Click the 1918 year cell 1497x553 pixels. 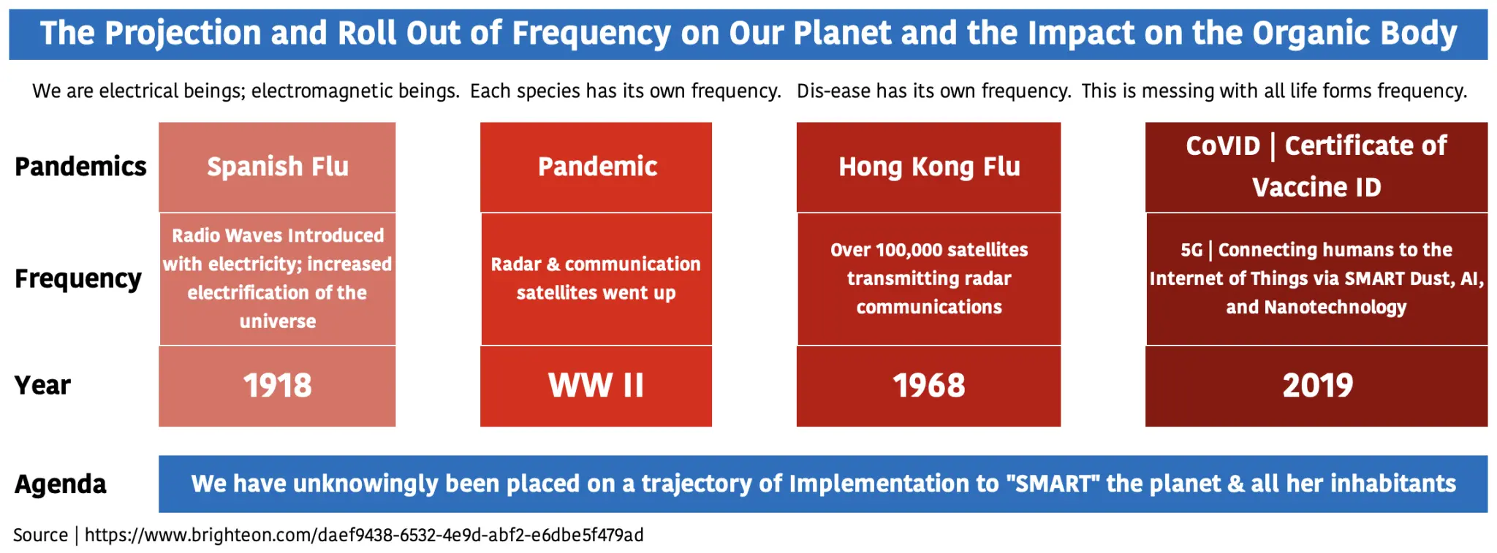[x=277, y=386]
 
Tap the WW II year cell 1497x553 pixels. [x=596, y=386]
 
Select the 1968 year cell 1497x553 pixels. [x=928, y=386]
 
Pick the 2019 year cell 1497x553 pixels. [x=1316, y=386]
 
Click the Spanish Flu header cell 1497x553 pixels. [x=277, y=167]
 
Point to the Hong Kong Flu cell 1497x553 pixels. [x=928, y=167]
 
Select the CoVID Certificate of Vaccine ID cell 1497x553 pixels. [x=1316, y=167]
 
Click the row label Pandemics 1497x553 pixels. [x=80, y=167]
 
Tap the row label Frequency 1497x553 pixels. [x=78, y=279]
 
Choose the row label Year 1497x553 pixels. [x=42, y=385]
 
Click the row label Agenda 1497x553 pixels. [x=61, y=484]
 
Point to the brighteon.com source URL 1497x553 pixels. [x=364, y=535]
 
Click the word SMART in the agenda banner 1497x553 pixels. [x=1053, y=483]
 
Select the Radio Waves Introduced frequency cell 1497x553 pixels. [x=277, y=278]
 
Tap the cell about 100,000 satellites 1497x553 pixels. [x=928, y=278]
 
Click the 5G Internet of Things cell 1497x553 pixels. [x=1316, y=278]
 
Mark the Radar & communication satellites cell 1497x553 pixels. [x=596, y=278]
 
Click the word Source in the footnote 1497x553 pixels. [x=40, y=535]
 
